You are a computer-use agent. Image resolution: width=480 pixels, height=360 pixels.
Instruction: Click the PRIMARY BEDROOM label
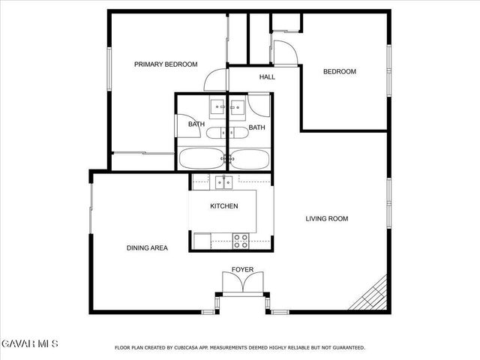coord(166,64)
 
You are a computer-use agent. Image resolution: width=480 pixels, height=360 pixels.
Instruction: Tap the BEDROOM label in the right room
coord(340,72)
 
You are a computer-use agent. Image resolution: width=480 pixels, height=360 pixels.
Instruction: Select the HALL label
coord(267,77)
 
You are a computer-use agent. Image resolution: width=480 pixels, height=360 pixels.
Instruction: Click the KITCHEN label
coord(223,206)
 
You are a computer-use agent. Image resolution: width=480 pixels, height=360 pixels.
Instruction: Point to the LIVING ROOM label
coord(327,219)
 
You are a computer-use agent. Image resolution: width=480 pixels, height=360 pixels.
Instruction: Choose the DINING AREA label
coord(147,247)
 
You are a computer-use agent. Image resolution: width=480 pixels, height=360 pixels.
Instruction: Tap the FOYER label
coord(242,269)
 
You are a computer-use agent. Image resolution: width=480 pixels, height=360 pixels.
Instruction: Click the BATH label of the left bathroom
coord(196,124)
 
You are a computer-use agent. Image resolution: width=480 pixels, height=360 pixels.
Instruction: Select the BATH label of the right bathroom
coord(256,127)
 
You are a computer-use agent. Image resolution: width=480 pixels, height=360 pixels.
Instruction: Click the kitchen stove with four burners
coord(241,241)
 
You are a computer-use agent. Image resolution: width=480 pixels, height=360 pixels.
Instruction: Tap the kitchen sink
coord(223,181)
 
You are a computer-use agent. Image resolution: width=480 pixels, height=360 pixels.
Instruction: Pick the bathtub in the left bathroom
coord(200,158)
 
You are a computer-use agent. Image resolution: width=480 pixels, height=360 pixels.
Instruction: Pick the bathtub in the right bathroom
coord(250,158)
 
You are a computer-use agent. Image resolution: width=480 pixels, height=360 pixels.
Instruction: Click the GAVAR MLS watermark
coord(29,343)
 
